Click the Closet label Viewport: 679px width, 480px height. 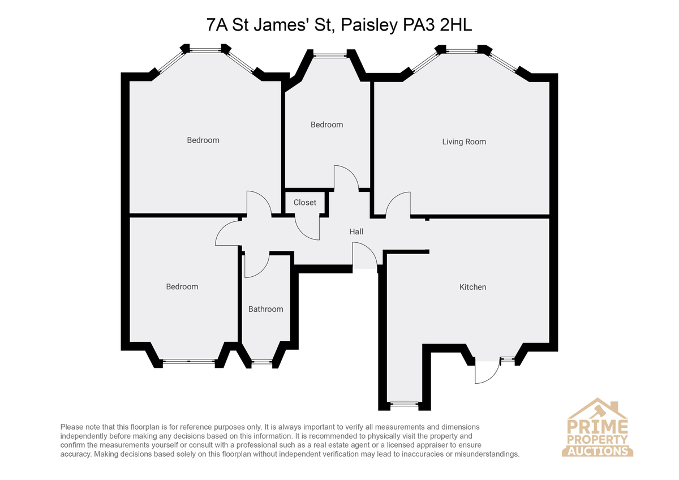(304, 202)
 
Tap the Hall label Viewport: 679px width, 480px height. (356, 232)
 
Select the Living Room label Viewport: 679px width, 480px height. (464, 142)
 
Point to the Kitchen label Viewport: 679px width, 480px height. (472, 287)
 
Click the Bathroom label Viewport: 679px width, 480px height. (265, 309)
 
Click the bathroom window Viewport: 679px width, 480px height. (262, 362)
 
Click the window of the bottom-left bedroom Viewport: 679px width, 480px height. (189, 362)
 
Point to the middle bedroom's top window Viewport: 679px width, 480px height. (330, 55)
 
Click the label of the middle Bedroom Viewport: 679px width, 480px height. (327, 125)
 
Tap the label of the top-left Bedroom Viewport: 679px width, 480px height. (203, 140)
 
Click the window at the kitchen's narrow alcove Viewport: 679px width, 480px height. (404, 404)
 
